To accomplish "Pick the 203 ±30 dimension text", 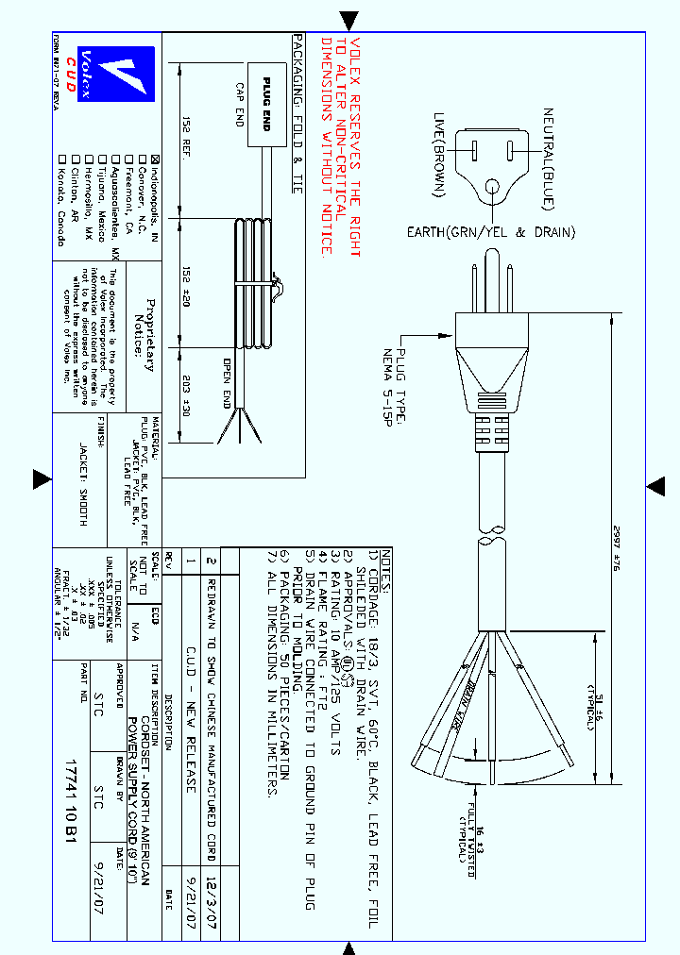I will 188,394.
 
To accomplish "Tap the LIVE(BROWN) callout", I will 439,156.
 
